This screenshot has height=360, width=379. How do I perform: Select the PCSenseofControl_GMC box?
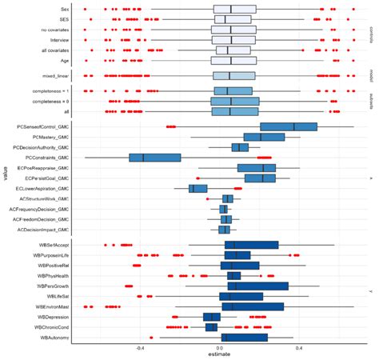[x=289, y=126]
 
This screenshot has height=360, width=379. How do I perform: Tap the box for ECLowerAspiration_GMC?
[x=197, y=188]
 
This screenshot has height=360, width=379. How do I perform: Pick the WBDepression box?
[x=212, y=317]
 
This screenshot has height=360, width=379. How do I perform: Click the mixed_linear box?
[x=233, y=76]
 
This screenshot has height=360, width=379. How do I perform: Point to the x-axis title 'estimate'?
[x=219, y=354]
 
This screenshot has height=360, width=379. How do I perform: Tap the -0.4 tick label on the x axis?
[x=140, y=347]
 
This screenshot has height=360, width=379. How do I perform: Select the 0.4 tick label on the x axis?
[x=298, y=347]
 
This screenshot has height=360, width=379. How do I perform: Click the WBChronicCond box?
[x=211, y=327]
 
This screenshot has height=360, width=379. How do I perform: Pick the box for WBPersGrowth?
[x=257, y=286]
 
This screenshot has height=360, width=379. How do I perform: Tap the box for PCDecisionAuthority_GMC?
[x=240, y=147]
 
